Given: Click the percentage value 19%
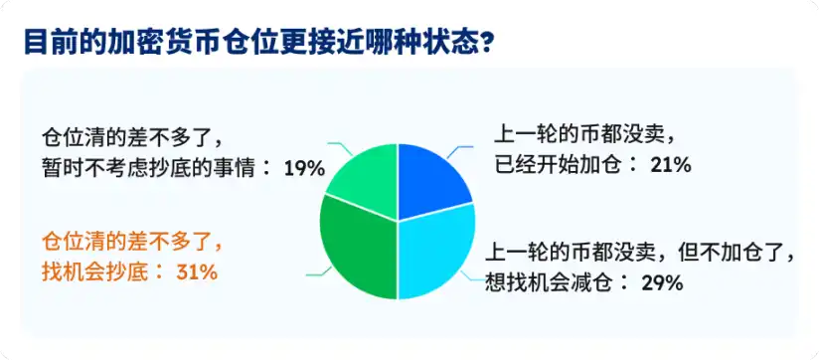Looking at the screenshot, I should pyautogui.click(x=304, y=168).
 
